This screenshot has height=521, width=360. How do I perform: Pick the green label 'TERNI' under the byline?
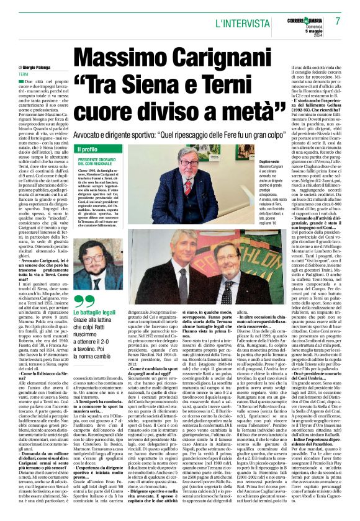click(x=25, y=74)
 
